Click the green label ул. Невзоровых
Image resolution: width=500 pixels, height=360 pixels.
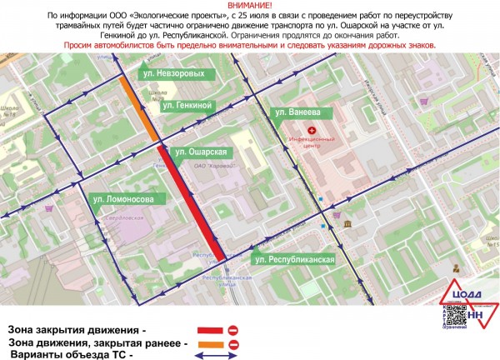click(170, 74)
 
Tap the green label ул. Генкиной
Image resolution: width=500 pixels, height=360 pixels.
click(189, 106)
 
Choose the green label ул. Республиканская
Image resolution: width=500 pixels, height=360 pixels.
click(295, 260)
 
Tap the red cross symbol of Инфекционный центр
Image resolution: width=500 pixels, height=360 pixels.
click(312, 131)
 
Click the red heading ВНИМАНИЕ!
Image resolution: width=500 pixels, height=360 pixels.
click(249, 6)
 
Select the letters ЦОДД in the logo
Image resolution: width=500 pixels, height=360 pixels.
click(462, 294)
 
